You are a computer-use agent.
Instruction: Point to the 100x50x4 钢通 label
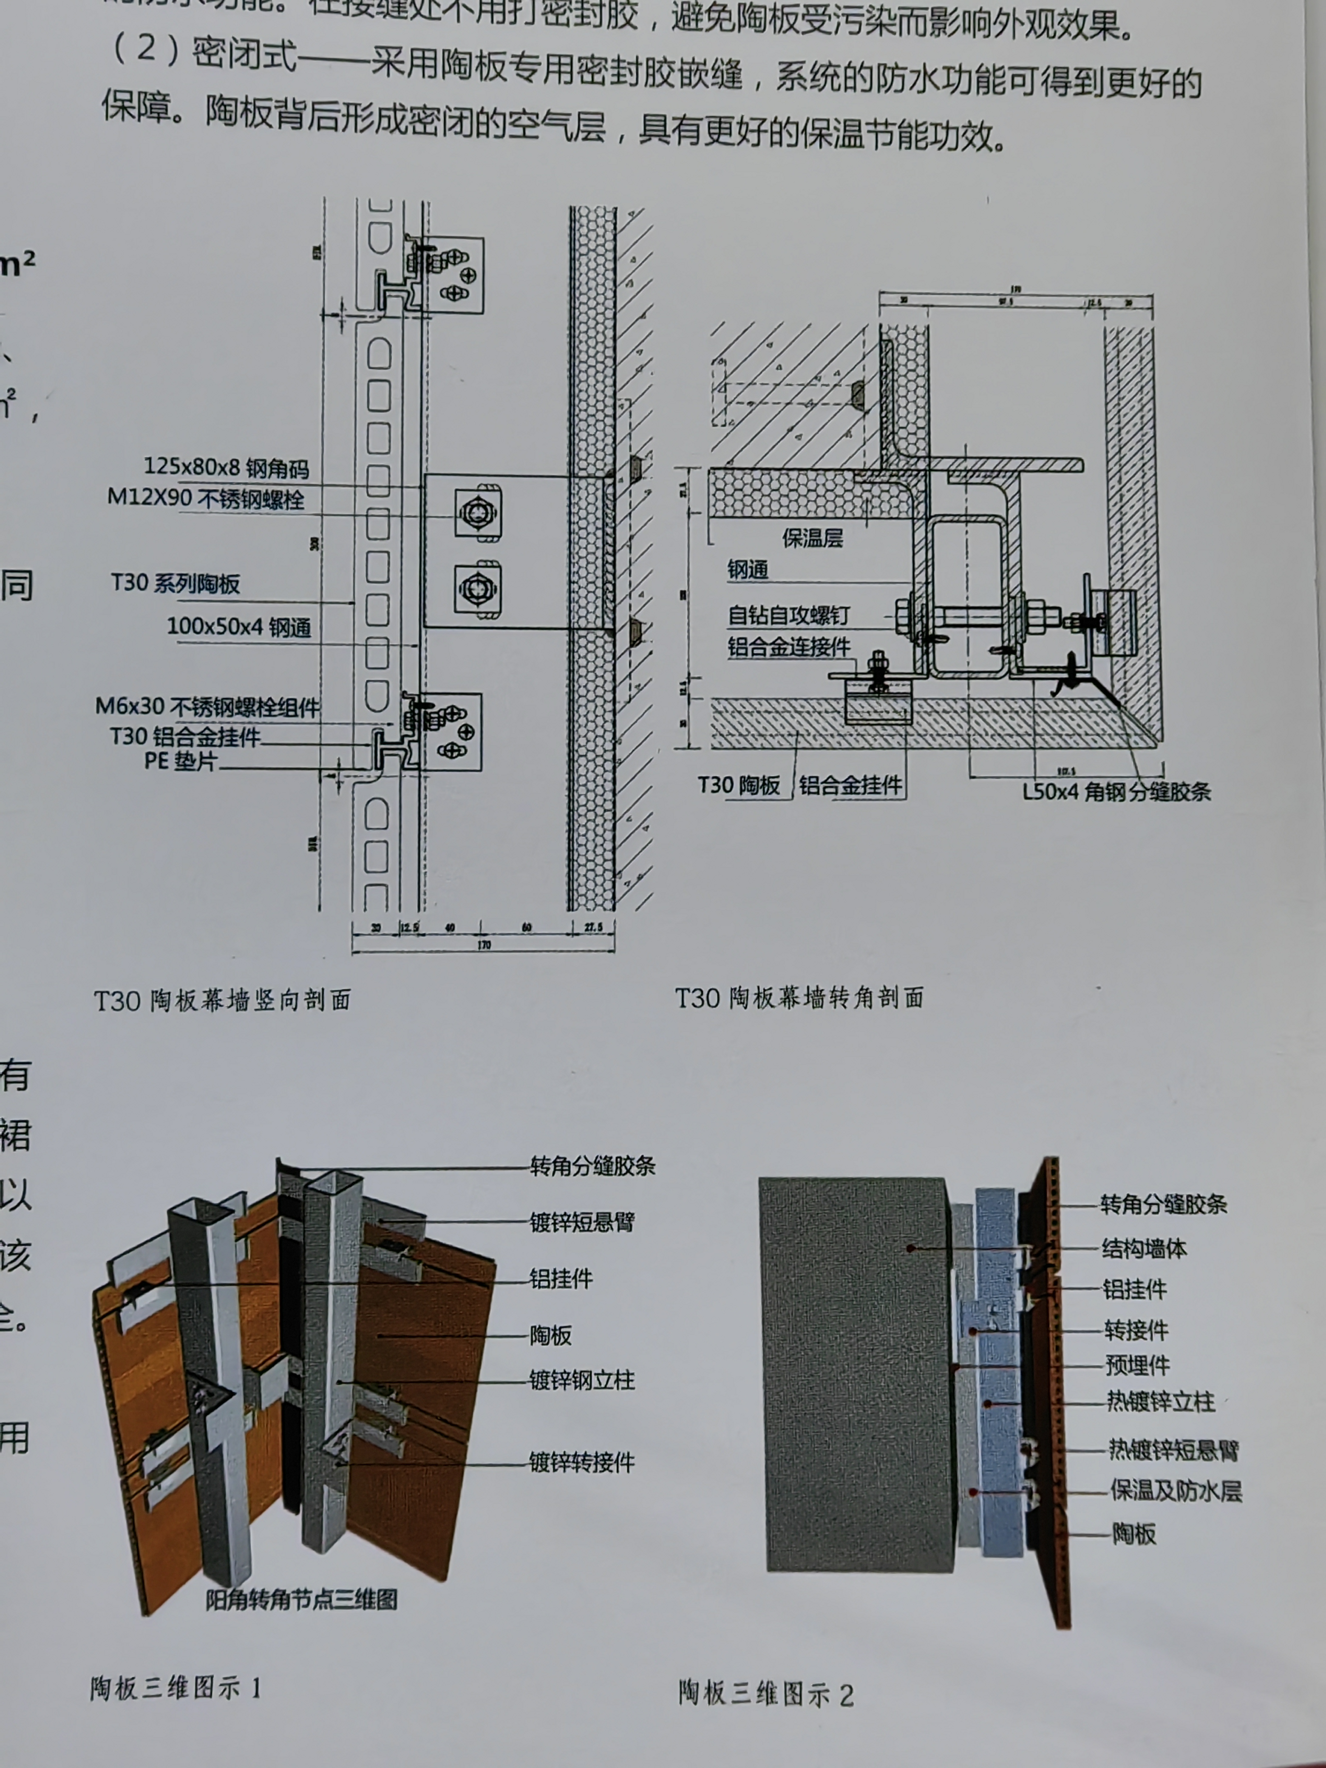click(238, 626)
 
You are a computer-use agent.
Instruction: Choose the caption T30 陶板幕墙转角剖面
click(799, 997)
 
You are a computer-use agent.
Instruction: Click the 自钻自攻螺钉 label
click(788, 615)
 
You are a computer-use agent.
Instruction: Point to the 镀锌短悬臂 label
click(582, 1221)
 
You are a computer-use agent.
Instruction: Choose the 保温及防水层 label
click(1175, 1490)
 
